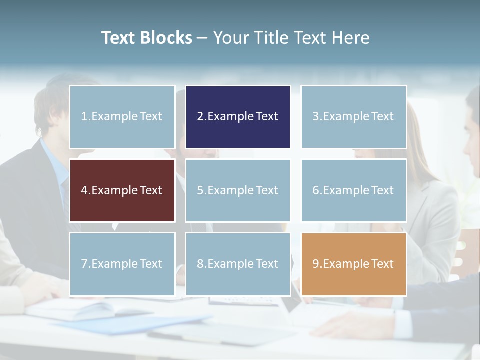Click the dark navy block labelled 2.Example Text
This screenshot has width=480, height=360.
[238, 117]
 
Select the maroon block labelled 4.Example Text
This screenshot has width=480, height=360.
[122, 190]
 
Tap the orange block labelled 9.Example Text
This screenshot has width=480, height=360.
[353, 264]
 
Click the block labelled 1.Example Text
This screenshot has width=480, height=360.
[122, 117]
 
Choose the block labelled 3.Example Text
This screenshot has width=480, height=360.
[353, 117]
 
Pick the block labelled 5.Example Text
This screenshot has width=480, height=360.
[238, 190]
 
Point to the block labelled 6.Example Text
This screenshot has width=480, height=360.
[353, 190]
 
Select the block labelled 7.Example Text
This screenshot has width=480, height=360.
[122, 264]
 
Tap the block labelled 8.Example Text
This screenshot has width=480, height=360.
[238, 264]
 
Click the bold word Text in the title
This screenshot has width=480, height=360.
[118, 38]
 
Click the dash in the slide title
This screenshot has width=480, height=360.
[202, 38]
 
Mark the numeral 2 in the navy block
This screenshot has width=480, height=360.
[200, 117]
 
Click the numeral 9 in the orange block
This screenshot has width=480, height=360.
[315, 264]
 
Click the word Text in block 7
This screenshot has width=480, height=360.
[151, 264]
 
